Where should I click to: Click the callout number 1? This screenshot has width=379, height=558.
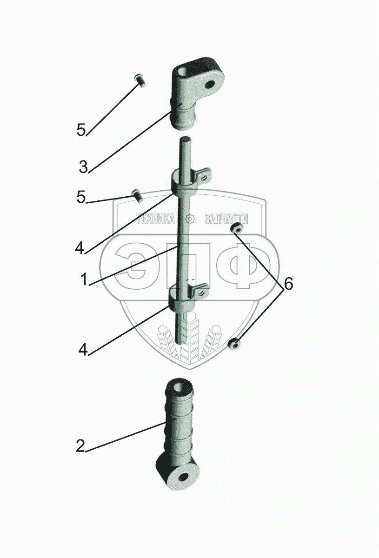85,279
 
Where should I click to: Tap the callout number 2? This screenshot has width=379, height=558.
80,446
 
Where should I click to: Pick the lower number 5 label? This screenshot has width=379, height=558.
81,197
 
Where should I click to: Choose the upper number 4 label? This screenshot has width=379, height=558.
80,247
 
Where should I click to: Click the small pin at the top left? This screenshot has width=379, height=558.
140,80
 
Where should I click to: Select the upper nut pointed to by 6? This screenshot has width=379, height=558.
237,228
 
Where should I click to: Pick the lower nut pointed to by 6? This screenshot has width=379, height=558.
235,344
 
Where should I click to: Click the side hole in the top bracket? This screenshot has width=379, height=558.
210,85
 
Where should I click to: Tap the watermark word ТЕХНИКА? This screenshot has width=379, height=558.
155,219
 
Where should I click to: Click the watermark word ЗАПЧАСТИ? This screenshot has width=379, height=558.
226,219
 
